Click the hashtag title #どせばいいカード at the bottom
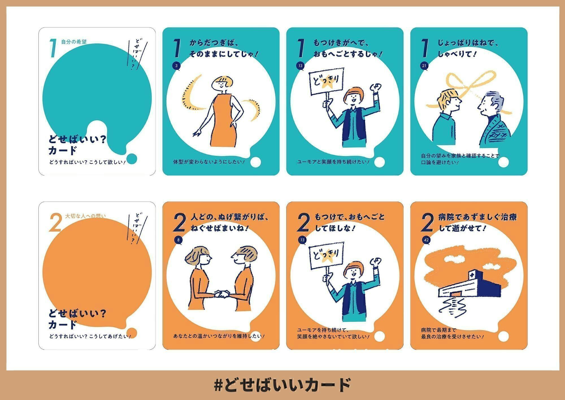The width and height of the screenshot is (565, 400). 282,385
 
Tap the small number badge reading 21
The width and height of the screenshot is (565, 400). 424,66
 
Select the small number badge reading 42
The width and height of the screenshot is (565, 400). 426,240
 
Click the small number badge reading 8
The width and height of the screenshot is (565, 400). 178,240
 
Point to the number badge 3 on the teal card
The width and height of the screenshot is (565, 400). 176,66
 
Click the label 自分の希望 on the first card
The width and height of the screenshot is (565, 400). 74,42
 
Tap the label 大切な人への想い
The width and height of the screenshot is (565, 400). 85,216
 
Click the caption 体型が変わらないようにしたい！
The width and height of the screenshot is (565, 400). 209,162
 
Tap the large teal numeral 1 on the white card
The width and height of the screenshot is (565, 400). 53,49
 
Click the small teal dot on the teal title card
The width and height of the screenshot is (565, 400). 132,158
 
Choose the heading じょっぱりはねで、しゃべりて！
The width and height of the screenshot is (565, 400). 468,48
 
